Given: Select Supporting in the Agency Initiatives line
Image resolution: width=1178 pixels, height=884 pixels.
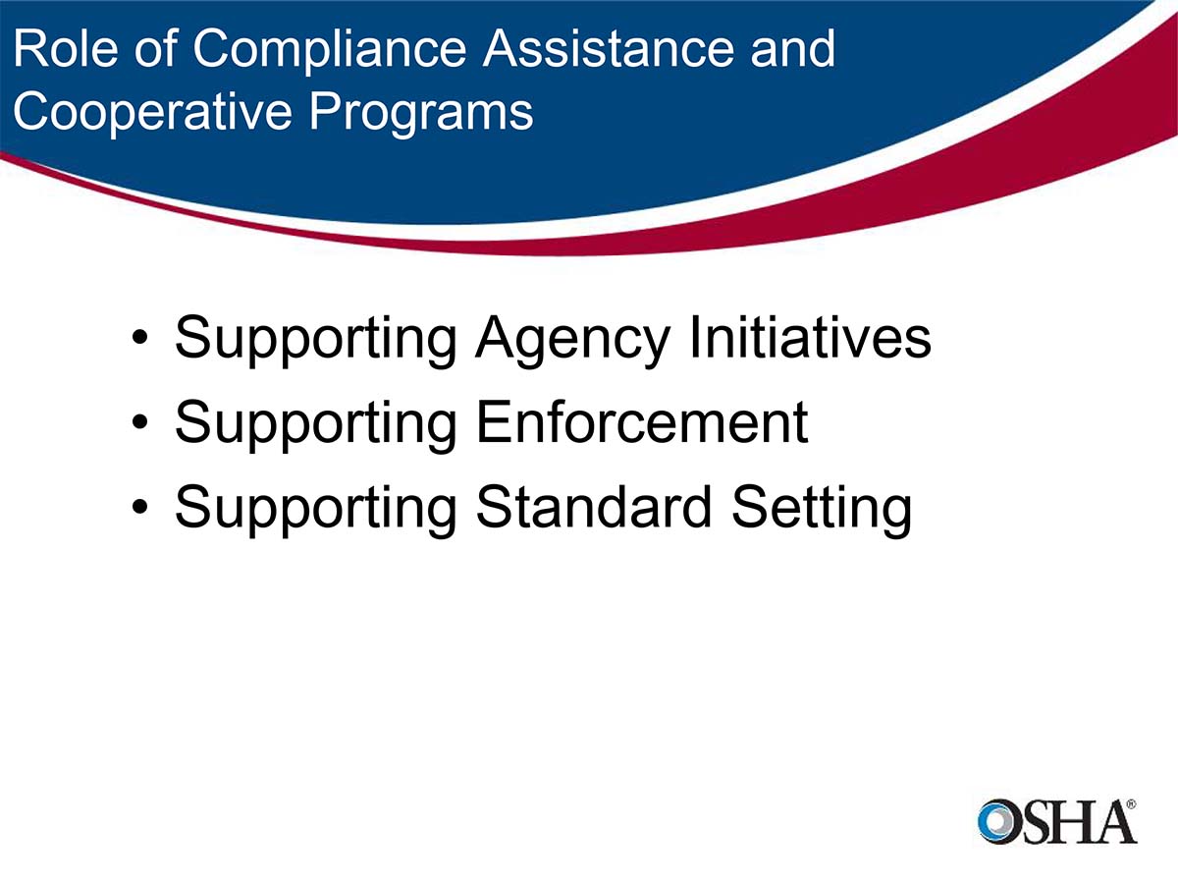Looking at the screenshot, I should (315, 340).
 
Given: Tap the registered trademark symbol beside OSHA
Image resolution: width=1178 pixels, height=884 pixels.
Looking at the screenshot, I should (1131, 803).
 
